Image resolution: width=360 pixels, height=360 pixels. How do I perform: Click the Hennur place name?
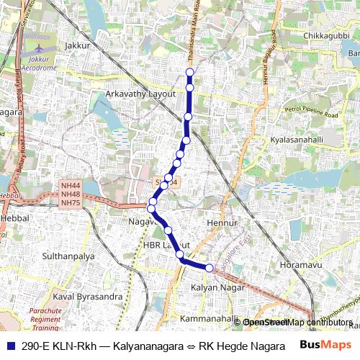click(222, 224)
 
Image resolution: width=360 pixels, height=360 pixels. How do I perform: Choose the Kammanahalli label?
click(210, 318)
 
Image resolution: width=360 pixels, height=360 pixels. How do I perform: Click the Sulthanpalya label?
click(68, 256)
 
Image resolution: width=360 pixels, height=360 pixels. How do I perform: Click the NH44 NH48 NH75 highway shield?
click(71, 194)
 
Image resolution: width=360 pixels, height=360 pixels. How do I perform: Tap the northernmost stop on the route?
click(190, 72)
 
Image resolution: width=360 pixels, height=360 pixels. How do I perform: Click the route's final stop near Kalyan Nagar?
click(210, 268)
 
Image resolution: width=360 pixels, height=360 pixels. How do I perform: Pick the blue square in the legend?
click(9, 346)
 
